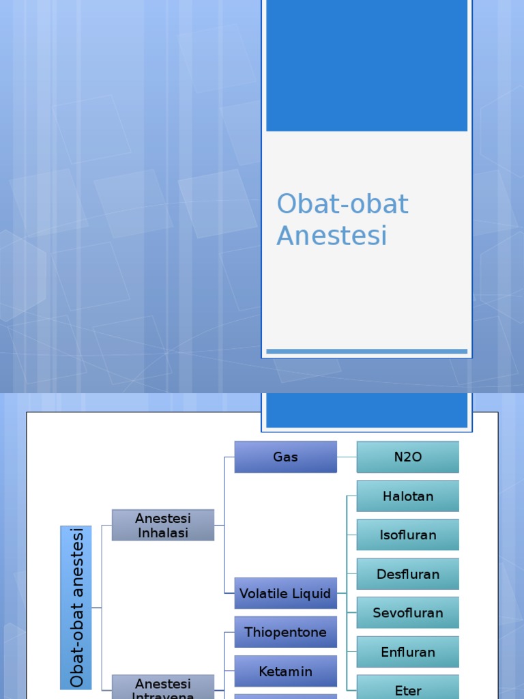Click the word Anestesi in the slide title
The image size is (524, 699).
coord(332,236)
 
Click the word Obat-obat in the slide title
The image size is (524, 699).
coord(343,204)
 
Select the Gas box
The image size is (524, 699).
coord(285,457)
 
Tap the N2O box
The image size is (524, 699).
coord(407,457)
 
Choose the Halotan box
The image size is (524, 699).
coord(407,496)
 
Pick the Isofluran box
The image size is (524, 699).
coord(407,534)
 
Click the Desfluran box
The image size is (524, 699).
coord(407,574)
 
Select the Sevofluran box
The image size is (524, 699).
coord(407,613)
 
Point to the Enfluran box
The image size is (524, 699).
coord(407,652)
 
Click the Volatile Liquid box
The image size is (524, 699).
coord(285,593)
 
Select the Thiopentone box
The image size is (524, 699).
coord(285,632)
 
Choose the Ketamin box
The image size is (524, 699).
coord(285,671)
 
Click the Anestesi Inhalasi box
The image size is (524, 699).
coord(163,525)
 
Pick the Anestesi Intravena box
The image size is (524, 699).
coord(163,687)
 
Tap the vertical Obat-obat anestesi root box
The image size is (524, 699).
coord(76,607)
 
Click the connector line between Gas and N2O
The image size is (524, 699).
coord(347,457)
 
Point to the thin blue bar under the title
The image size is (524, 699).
coord(366,352)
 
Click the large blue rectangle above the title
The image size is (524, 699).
coord(366,65)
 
